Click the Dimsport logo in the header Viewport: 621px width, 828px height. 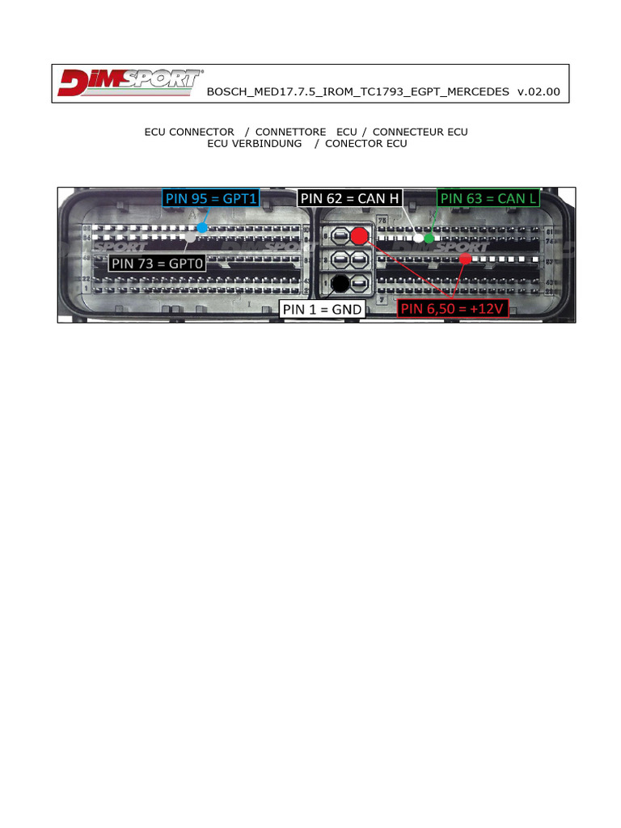(x=129, y=83)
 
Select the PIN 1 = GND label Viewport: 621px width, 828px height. (x=321, y=308)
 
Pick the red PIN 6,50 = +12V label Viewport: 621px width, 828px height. (x=453, y=308)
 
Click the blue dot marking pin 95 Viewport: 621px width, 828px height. (x=201, y=228)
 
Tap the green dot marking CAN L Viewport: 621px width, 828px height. (x=429, y=238)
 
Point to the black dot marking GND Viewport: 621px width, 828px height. (x=340, y=283)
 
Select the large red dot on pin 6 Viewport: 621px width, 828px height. (x=359, y=236)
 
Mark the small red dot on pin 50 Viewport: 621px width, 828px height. (x=465, y=259)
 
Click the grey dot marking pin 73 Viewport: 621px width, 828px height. (x=189, y=238)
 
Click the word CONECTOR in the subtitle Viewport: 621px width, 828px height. (x=354, y=144)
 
